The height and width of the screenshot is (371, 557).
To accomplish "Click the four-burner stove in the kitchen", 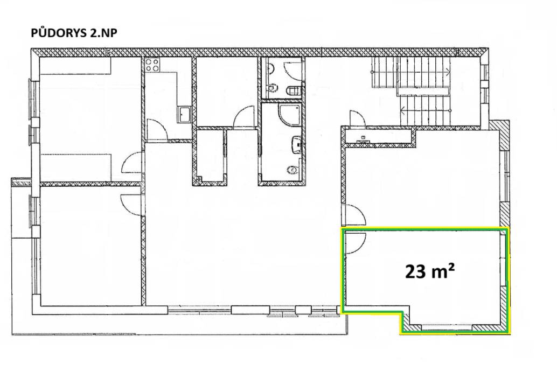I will (152, 65).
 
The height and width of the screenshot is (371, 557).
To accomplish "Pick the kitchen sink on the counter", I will (184, 114).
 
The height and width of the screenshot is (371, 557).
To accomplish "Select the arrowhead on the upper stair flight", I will (448, 71).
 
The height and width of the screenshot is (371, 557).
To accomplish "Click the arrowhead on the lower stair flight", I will (402, 110).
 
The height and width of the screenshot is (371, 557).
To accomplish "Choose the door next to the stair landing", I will (356, 118).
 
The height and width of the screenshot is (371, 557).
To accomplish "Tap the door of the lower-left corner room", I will (131, 203).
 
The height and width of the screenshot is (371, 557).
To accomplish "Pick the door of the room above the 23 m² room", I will (353, 215).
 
